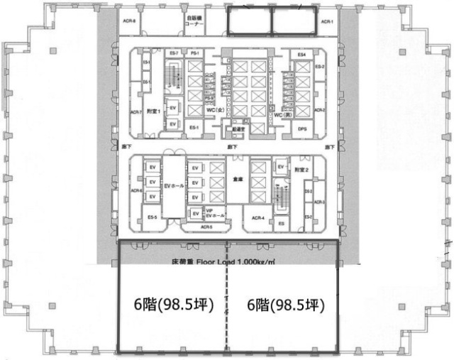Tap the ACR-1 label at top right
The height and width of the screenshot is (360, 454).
pyautogui.click(x=327, y=22)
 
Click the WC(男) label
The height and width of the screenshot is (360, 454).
pyautogui.click(x=284, y=114)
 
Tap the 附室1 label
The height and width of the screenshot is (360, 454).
pyautogui.click(x=154, y=111)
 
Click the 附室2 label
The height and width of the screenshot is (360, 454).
pyautogui.click(x=304, y=170)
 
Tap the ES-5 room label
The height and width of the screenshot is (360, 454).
pyautogui.click(x=152, y=217)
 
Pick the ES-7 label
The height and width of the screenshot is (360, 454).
pyautogui.click(x=174, y=54)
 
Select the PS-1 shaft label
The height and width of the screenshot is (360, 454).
pyautogui.click(x=193, y=54)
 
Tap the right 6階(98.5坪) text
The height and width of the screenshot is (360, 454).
pyautogui.click(x=284, y=305)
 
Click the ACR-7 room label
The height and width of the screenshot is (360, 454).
pyautogui.click(x=134, y=111)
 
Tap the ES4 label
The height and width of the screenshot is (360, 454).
pyautogui.click(x=301, y=55)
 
